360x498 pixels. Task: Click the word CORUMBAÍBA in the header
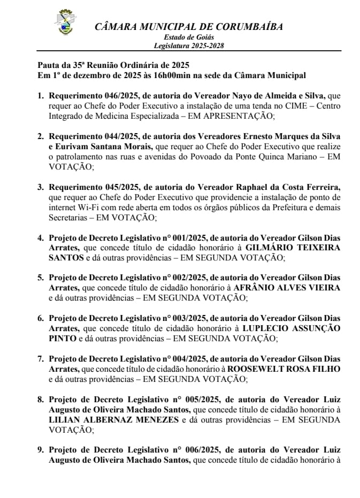pos(245,27)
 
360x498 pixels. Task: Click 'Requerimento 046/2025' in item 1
pos(93,96)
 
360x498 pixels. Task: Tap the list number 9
pos(40,451)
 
